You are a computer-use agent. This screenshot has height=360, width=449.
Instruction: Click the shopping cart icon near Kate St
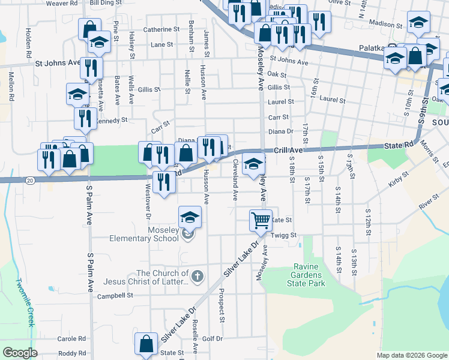(261, 220)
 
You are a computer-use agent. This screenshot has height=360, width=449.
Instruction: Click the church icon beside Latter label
(199, 276)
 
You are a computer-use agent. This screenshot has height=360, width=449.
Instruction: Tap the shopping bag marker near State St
(146, 344)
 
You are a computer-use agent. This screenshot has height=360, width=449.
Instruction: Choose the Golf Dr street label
(212, 338)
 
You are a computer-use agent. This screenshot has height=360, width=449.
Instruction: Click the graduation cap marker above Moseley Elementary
(190, 217)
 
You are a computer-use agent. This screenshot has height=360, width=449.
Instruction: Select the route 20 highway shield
(30, 180)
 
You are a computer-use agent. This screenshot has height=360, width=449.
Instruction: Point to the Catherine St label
(161, 29)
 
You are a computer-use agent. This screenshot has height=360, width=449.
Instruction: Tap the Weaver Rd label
(62, 3)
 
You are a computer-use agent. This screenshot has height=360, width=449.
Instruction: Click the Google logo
(20, 353)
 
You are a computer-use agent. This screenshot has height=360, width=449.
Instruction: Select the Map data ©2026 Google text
(411, 355)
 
